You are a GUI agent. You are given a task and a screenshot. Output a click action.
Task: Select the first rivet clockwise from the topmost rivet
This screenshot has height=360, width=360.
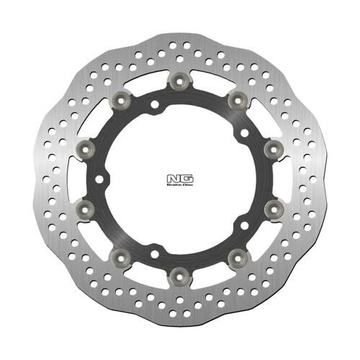[234, 99]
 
